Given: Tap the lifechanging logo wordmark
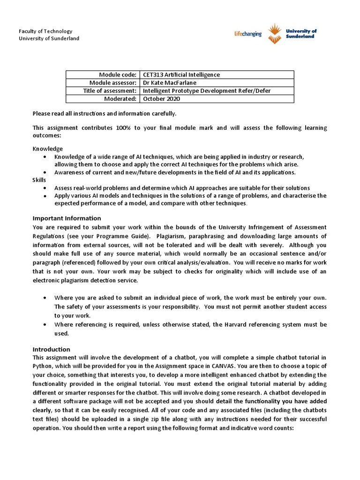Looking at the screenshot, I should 247,34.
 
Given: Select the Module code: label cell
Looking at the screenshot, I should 118,75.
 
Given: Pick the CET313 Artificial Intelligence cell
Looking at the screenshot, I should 181,75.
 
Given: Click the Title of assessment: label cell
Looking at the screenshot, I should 110,90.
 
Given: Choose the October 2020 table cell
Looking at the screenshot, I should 161,98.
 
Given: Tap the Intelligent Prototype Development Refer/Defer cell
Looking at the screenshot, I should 207,90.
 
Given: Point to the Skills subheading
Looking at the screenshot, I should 39,180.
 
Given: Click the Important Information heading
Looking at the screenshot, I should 67,218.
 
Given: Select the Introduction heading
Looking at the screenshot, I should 51,349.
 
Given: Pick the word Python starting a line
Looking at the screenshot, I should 42,367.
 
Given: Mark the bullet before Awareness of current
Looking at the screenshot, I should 45,172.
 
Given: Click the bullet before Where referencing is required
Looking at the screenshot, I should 45,324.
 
